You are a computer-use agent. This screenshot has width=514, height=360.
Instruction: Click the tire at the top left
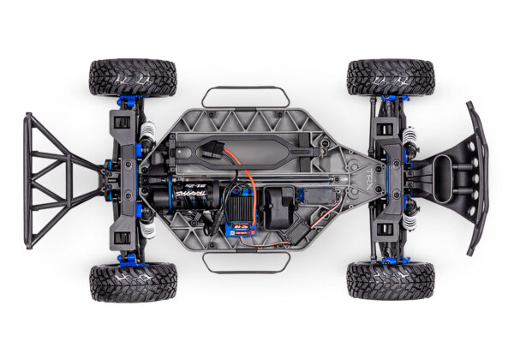click(x=133, y=77)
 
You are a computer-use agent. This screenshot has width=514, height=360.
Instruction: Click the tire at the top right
click(x=390, y=77)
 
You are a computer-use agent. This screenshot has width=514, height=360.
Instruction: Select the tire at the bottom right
click(x=390, y=280)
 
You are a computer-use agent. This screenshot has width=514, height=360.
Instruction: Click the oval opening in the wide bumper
click(x=442, y=179)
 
